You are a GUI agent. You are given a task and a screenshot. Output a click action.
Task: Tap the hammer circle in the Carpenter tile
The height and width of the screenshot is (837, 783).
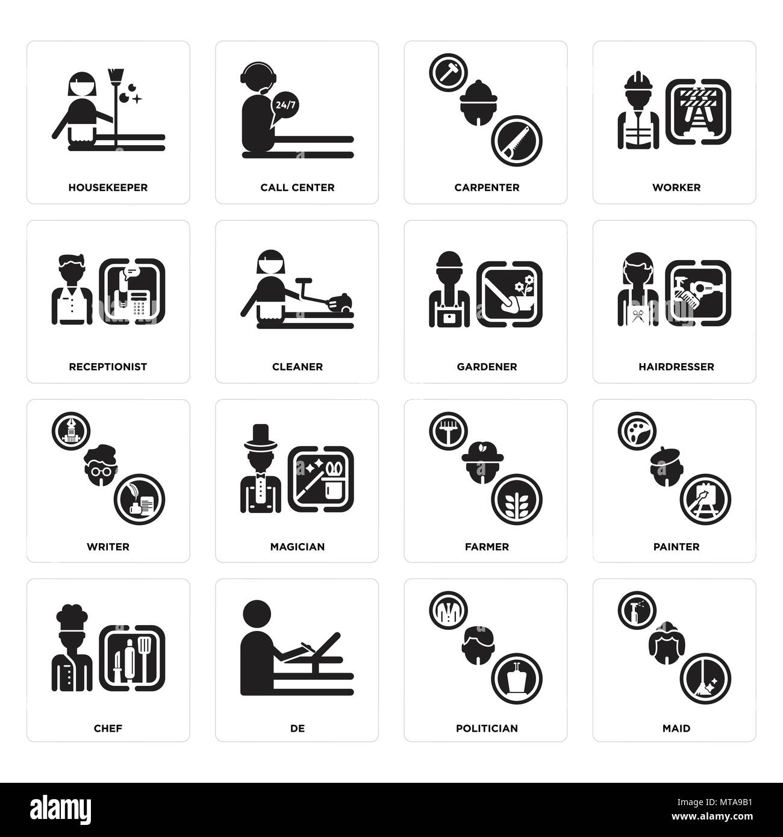(448, 72)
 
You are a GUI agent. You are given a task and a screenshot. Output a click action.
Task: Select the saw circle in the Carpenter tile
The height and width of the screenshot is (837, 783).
(517, 141)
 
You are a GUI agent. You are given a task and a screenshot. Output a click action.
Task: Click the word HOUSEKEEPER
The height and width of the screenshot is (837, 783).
(108, 187)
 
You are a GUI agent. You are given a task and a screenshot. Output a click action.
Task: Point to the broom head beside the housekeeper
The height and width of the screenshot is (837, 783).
(114, 75)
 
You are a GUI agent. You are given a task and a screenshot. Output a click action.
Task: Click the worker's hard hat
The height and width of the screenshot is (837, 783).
(639, 81)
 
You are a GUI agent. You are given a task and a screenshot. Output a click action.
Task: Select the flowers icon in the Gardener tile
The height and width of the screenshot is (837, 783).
(523, 287)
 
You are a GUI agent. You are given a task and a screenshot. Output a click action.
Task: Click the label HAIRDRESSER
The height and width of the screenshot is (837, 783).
(676, 367)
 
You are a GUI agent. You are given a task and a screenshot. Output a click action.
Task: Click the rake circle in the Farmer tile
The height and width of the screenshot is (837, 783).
(448, 431)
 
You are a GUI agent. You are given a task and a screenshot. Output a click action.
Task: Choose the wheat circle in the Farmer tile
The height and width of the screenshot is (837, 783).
(517, 499)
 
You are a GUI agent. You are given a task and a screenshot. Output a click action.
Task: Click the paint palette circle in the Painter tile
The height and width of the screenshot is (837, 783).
(637, 431)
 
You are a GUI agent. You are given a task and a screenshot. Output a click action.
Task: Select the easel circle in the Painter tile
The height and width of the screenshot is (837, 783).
(705, 499)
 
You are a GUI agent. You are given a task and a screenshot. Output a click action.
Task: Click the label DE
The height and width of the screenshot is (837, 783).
(298, 728)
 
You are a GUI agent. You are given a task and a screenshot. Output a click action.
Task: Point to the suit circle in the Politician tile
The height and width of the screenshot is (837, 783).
(448, 610)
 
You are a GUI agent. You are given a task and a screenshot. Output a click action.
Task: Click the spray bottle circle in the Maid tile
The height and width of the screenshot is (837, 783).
(637, 610)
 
